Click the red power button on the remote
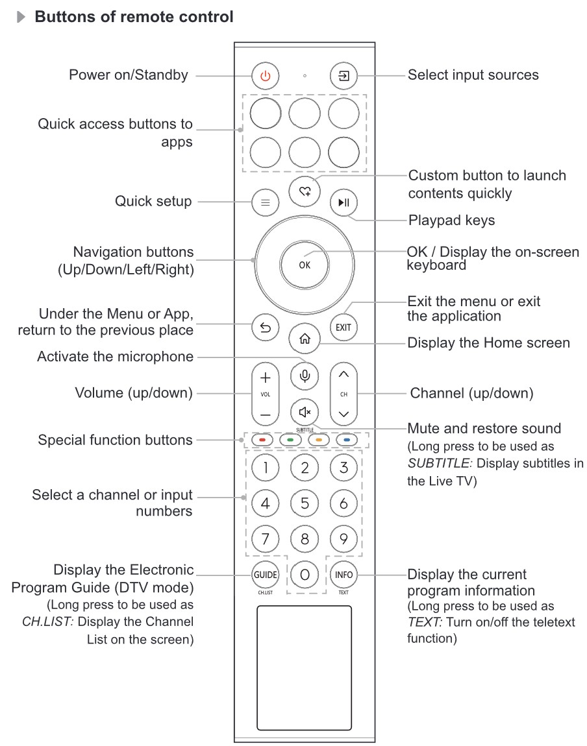tap(264, 77)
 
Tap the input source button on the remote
tap(343, 77)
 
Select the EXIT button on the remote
tap(343, 327)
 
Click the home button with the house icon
tap(304, 338)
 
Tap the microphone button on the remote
tap(304, 375)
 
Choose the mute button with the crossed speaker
tap(304, 411)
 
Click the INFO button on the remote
tap(343, 574)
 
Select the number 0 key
tap(304, 574)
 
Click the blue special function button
tap(347, 440)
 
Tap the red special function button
tap(262, 440)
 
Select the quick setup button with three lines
tap(264, 202)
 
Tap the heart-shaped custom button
tap(304, 191)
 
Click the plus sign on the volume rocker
tap(265, 377)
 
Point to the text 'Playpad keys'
tap(451, 221)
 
